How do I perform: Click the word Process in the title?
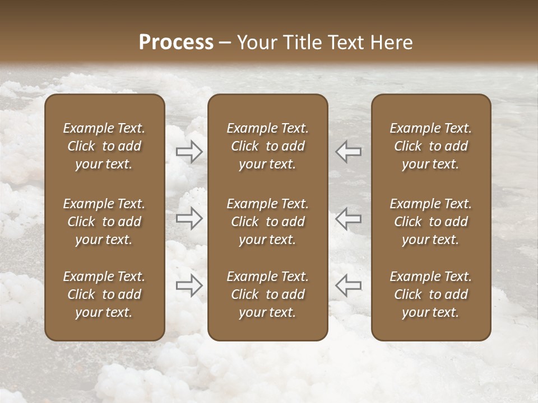point(176,43)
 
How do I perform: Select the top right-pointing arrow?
point(189,151)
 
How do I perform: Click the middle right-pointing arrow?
point(189,218)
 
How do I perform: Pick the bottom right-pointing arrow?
point(189,285)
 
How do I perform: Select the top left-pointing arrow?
point(349,151)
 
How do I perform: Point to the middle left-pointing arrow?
point(349,218)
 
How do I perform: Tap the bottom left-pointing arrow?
point(349,285)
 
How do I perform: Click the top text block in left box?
point(104,146)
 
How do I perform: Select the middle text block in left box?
point(104,222)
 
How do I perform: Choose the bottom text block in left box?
point(104,294)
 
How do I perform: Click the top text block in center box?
point(268,146)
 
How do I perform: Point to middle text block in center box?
point(268,222)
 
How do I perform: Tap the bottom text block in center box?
point(268,294)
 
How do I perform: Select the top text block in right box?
point(431,146)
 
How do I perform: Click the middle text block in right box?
point(431,222)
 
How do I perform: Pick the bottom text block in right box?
point(431,294)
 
